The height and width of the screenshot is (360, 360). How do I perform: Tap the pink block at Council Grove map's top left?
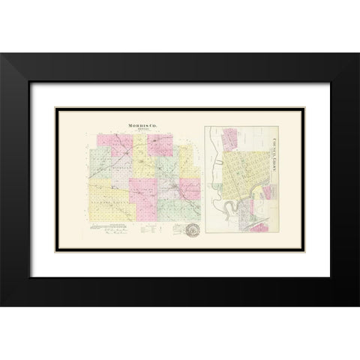tap(229, 138)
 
